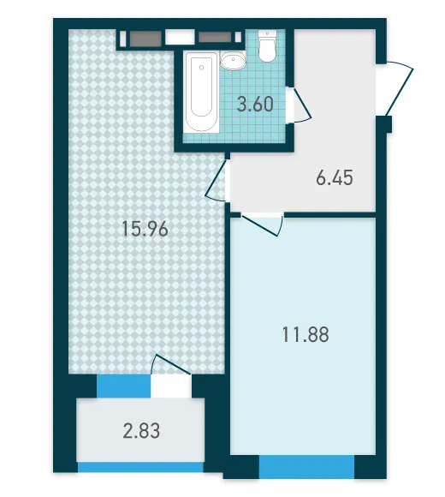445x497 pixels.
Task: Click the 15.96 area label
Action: click(x=145, y=229)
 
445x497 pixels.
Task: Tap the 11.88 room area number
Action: click(x=306, y=334)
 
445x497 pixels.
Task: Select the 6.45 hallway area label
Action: click(x=335, y=177)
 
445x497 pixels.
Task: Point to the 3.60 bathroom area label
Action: click(x=255, y=104)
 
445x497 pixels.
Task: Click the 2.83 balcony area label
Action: click(x=141, y=431)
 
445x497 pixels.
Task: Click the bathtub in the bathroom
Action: click(x=202, y=93)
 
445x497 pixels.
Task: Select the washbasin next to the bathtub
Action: click(x=233, y=60)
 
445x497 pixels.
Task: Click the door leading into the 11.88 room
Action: click(x=262, y=225)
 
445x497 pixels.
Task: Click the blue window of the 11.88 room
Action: click(x=306, y=466)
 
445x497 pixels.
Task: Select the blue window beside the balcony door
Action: click(x=123, y=386)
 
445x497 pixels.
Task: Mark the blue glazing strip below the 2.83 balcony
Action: click(x=140, y=467)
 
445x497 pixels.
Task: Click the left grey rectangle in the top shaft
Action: click(x=145, y=39)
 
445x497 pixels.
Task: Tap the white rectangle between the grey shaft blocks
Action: click(x=180, y=38)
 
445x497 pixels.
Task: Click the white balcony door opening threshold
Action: click(x=171, y=386)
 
